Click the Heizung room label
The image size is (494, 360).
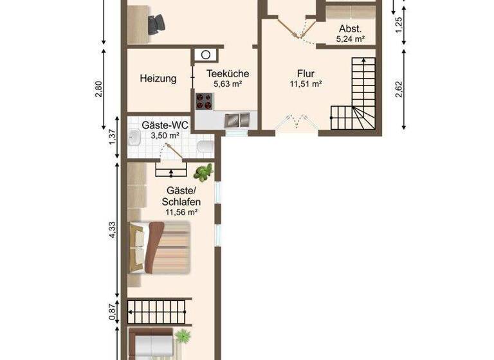tap(158, 79)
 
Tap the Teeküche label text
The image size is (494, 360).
tap(227, 73)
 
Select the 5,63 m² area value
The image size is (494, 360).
tap(227, 84)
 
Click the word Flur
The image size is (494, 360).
tap(306, 73)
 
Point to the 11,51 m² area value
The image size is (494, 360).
tap(306, 84)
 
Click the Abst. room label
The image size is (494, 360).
tap(350, 29)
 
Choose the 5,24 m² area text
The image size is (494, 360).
tap(350, 39)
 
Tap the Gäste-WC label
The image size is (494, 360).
tap(166, 125)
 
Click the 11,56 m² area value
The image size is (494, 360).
tap(181, 212)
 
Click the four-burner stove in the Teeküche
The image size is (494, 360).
tap(205, 101)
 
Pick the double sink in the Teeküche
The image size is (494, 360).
tap(238, 119)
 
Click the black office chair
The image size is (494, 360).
tap(155, 24)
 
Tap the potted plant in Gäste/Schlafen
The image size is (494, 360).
tap(204, 172)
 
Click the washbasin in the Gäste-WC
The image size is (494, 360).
tap(134, 138)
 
